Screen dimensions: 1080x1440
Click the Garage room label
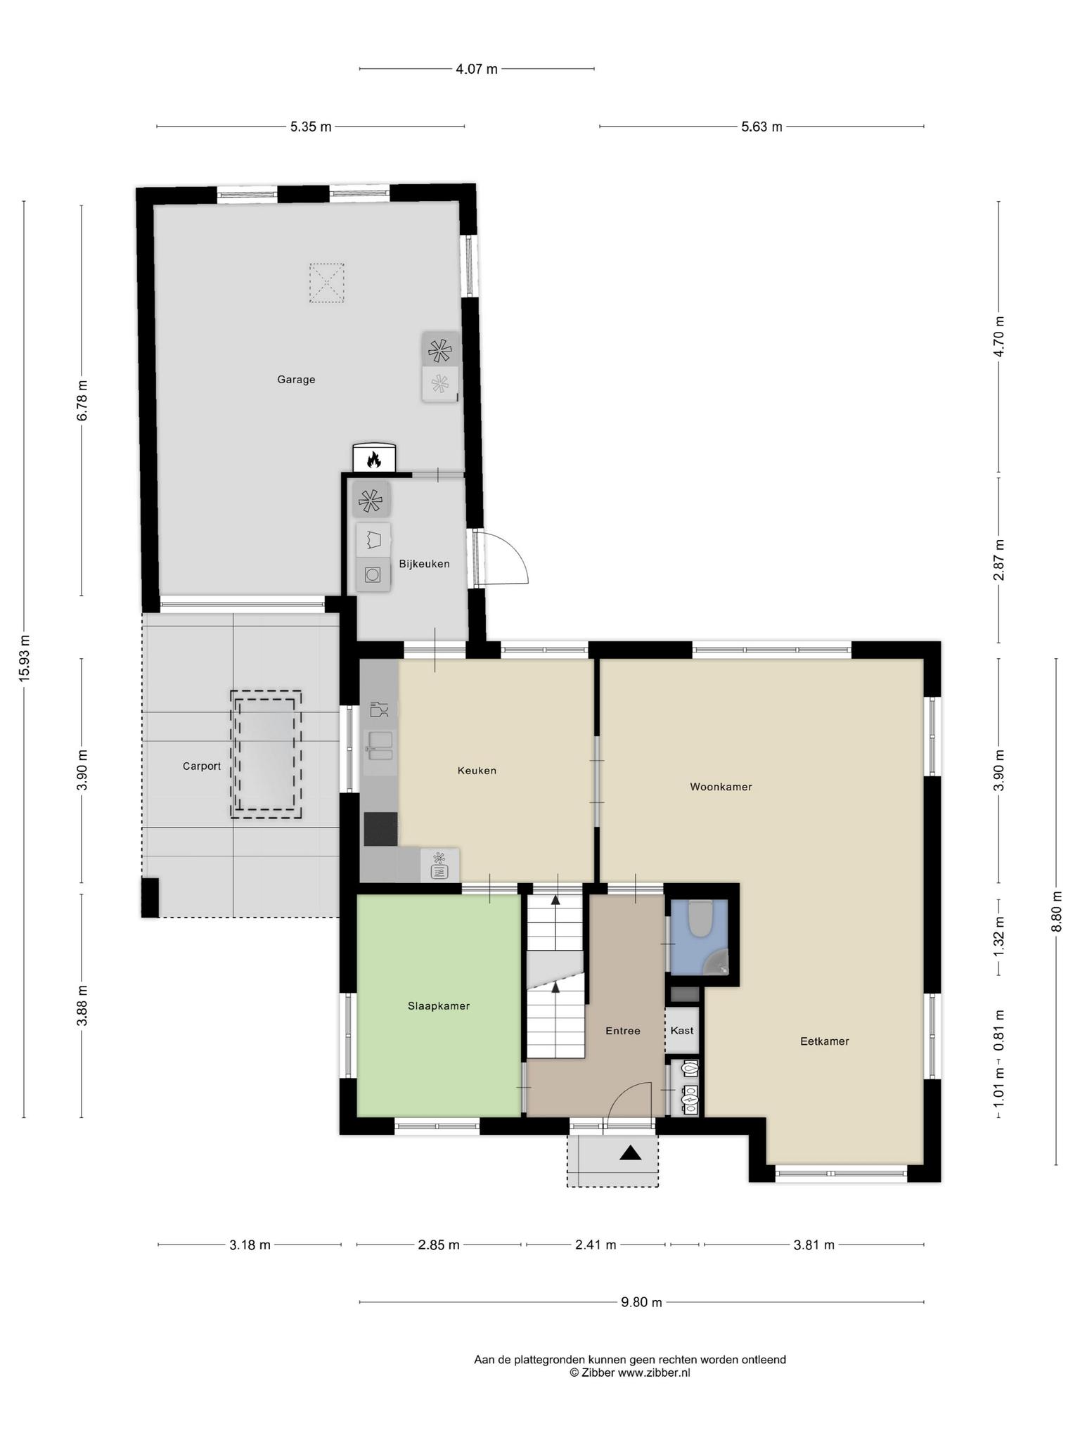296,380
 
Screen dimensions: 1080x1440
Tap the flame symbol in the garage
374,460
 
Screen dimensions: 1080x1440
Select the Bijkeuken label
424,564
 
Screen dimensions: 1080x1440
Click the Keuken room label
477,771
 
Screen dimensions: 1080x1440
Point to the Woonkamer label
721,787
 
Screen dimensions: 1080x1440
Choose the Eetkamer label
825,1041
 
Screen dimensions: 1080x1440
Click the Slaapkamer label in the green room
439,1006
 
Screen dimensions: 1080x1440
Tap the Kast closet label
682,1031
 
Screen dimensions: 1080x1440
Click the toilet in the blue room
700,918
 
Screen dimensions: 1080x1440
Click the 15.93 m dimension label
25,658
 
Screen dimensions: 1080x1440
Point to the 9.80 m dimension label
641,1302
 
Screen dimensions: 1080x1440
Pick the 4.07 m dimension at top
477,69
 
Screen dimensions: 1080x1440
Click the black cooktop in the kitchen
380,829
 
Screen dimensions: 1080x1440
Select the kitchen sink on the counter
380,745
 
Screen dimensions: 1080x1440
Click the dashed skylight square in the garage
327,283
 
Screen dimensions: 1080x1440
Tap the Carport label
202,766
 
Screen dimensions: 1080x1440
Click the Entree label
623,1031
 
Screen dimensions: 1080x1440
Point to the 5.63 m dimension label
761,127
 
